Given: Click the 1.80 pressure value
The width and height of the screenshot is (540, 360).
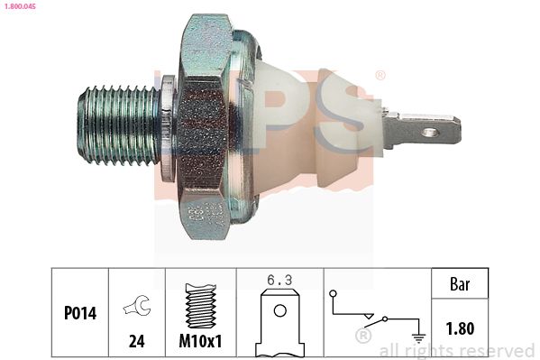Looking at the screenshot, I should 461,328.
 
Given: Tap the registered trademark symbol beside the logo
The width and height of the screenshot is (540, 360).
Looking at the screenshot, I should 380,75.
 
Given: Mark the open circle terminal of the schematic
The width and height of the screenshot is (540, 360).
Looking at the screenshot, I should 332,294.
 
